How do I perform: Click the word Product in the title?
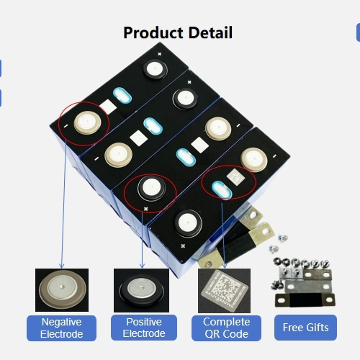coord(153,32)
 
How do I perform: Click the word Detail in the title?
coord(210,32)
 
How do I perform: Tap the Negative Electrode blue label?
coord(61,328)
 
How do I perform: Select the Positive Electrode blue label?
coord(144,328)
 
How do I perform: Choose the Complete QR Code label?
coord(226,328)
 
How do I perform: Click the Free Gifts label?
coord(305,328)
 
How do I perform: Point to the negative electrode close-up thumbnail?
coord(62,290)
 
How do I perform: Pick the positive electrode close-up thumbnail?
coord(141,290)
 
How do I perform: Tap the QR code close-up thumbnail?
coord(224,291)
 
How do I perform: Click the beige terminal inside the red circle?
coord(87,122)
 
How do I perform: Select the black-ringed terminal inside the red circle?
coord(151,189)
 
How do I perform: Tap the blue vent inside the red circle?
coord(222,190)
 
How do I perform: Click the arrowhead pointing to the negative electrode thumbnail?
coord(61,266)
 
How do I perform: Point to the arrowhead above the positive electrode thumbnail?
coord(142,266)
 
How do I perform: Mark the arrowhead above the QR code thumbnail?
coord(225,266)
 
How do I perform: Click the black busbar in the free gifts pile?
coord(305,300)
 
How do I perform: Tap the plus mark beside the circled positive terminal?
coord(145,209)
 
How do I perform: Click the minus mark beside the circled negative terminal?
coord(66,125)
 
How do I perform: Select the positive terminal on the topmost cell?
coord(155,69)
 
